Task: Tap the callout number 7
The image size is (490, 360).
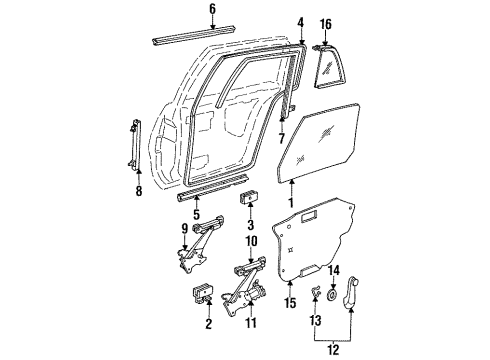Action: coord(282,136)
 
